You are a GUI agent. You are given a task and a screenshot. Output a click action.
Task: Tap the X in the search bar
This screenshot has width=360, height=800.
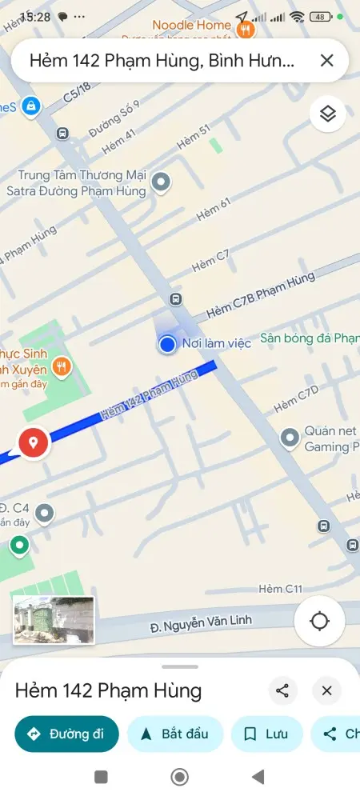(x=326, y=60)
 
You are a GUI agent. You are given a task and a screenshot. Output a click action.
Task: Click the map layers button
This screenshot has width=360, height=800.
(x=327, y=114)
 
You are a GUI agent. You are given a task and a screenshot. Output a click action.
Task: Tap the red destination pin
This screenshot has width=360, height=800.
(x=33, y=442)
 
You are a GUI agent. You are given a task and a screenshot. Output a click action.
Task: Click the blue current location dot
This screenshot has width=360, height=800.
(x=167, y=344)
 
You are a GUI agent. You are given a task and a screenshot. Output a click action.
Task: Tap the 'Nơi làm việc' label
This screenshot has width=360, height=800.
(x=217, y=343)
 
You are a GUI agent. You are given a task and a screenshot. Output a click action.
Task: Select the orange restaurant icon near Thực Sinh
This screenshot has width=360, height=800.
(x=62, y=366)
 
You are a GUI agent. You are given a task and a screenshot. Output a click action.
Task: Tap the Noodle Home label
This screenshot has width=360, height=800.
(x=192, y=26)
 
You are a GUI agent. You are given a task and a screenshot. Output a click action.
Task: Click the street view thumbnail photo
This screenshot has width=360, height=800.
(x=54, y=620)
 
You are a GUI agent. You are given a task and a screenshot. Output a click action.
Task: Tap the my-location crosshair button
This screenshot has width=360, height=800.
(x=320, y=621)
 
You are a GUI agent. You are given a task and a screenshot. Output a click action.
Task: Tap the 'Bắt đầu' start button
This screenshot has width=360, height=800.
(x=175, y=734)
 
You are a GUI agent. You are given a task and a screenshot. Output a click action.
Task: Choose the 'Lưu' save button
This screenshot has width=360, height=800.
(x=267, y=734)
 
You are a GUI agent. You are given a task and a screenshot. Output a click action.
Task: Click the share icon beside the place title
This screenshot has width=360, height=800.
(x=282, y=691)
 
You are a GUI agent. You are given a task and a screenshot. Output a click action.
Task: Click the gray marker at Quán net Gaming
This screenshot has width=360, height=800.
(x=290, y=438)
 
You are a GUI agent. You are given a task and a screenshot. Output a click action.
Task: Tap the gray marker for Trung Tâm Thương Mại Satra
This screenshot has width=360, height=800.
(x=162, y=182)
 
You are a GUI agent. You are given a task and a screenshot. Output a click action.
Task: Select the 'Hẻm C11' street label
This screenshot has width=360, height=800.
(x=281, y=589)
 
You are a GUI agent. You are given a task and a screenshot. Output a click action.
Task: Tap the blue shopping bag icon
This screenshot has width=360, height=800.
(x=30, y=105)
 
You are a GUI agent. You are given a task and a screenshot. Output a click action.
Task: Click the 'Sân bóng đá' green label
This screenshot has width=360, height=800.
(x=307, y=338)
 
